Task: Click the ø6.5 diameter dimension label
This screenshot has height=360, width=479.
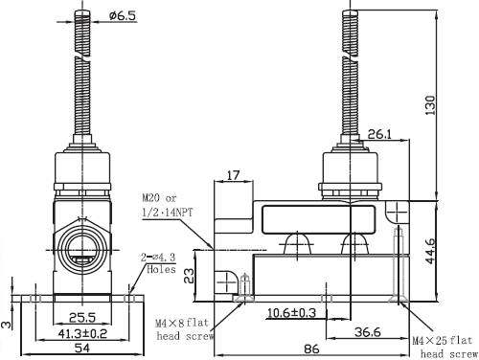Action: [123, 15]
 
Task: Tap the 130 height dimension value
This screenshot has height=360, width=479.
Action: [430, 105]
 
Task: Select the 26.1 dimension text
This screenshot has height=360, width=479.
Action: [379, 134]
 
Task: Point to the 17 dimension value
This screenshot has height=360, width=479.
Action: [234, 175]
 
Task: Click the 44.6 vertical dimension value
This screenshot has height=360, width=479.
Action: [430, 251]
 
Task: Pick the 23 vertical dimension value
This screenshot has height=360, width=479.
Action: [189, 276]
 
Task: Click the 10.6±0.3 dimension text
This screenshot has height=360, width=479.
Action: [291, 313]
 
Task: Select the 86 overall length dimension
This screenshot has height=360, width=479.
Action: [311, 349]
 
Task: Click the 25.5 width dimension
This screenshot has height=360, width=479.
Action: [82, 318]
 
